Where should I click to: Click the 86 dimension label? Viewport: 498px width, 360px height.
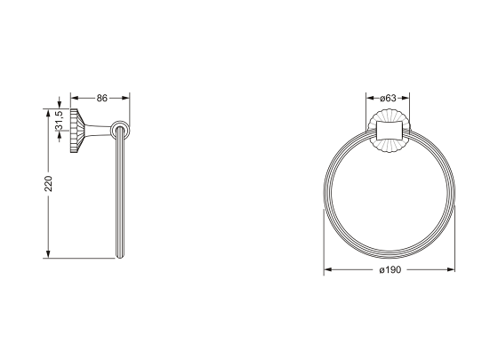pos(102,98)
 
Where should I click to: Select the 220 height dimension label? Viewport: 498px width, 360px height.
pos(48,183)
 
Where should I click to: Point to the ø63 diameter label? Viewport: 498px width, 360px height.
pos(388,98)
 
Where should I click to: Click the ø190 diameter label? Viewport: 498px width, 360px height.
pos(390,269)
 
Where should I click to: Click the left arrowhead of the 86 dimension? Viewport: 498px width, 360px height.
pos(75,98)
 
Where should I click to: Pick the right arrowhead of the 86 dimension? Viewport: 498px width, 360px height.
pos(125,98)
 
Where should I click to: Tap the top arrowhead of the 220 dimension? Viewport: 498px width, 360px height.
pos(48,113)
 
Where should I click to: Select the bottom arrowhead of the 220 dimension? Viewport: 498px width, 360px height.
pos(48,254)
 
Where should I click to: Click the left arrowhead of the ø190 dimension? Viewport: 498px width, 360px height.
pos(328,269)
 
